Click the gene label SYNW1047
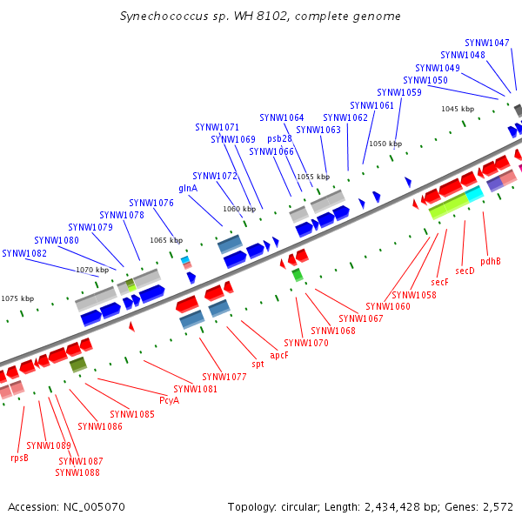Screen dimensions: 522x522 pyautogui.click(x=487, y=43)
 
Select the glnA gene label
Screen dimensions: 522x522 pyautogui.click(x=188, y=188)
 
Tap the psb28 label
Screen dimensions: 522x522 pyautogui.click(x=279, y=138)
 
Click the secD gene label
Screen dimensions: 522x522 pyautogui.click(x=465, y=271)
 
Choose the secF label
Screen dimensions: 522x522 pyautogui.click(x=440, y=282)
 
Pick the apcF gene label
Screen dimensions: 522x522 pyautogui.click(x=279, y=355)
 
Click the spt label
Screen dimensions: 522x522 pyautogui.click(x=258, y=365)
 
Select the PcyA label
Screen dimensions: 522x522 pyautogui.click(x=169, y=400)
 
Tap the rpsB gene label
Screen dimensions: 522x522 pyautogui.click(x=19, y=458)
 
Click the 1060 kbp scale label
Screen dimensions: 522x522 pyautogui.click(x=238, y=209)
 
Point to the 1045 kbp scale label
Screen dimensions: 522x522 pyautogui.click(x=458, y=109)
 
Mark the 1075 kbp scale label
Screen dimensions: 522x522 pyautogui.click(x=17, y=298)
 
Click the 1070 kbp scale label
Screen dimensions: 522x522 pyautogui.click(x=92, y=270)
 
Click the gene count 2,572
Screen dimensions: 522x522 pyautogui.click(x=497, y=506)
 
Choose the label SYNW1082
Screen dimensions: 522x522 pyautogui.click(x=24, y=253)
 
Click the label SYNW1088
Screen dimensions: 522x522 pyautogui.click(x=77, y=472)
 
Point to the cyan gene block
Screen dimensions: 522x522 pyautogui.click(x=473, y=195)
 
